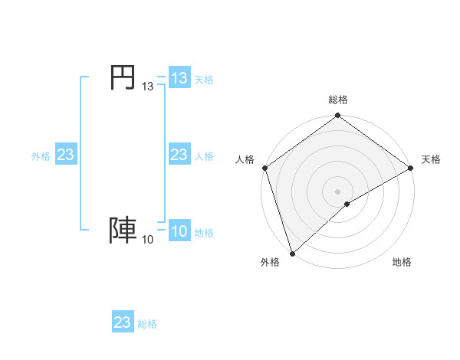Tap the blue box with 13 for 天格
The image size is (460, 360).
coord(179,78)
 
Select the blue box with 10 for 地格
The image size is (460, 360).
coord(179,232)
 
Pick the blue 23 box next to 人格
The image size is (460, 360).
coord(179,155)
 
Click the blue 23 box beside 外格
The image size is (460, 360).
coord(66,155)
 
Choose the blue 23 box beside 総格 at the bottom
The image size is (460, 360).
coord(123,322)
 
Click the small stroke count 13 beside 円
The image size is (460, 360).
coord(147,87)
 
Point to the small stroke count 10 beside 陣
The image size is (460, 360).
coord(147,241)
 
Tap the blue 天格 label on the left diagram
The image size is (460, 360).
coord(204,79)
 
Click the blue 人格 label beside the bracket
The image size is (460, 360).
coord(204,156)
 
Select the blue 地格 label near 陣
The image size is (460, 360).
coord(204,233)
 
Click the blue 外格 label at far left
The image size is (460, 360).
coord(41,156)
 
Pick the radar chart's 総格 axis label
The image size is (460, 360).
coord(338,100)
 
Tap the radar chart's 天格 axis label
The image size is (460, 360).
coord(431,159)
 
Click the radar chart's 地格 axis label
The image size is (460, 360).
coord(402,263)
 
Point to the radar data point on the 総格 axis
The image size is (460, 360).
coord(338,116)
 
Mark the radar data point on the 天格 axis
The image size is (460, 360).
coord(410,168)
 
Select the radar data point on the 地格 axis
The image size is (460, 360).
coord(347,204)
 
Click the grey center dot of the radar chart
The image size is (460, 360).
coord(338,191)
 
